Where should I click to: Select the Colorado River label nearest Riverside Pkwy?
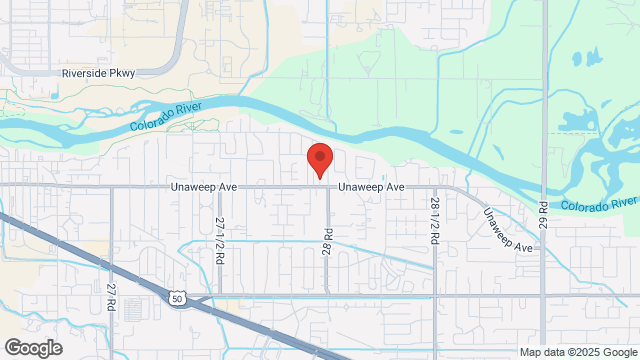point(167,115)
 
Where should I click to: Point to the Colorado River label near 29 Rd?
point(598,204)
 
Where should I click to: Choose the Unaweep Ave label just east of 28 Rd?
point(370,187)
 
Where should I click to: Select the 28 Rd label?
point(327,242)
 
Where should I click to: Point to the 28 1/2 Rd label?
point(435,221)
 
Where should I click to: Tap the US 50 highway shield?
point(176,297)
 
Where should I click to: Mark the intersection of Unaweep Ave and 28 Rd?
point(327,186)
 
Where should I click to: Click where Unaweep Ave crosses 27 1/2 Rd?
point(220,186)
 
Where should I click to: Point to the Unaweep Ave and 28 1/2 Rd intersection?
point(435,186)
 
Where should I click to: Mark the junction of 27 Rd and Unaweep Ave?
point(111,186)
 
